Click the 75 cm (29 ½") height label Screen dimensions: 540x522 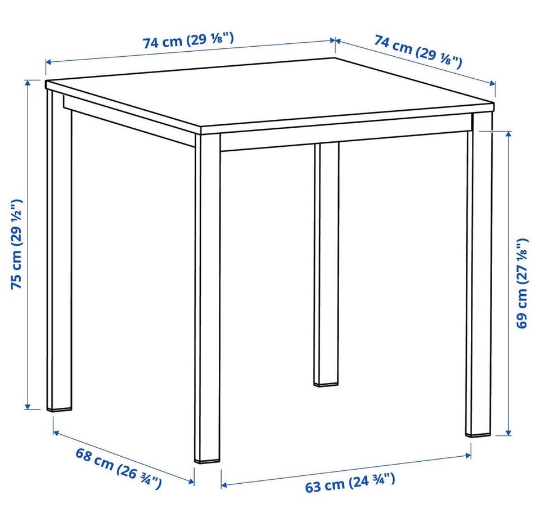coord(17,244)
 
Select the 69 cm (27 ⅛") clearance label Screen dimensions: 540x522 coord(522,283)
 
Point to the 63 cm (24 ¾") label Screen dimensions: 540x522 coord(350,483)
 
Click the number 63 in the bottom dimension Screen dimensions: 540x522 coord(313,487)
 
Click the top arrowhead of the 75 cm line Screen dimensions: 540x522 coord(28,83)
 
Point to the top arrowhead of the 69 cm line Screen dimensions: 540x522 coord(508,134)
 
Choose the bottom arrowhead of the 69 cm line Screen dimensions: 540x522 coord(508,432)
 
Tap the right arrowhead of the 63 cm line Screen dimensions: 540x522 coord(468,456)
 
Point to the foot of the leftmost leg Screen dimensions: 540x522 coord(59,408)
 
